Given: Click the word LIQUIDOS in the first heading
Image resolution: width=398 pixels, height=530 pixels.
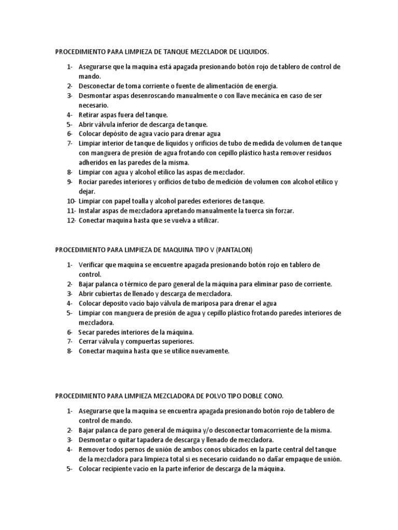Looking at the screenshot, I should pos(253,52).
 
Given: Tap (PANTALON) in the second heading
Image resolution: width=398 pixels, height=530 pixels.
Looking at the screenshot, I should pos(234,250).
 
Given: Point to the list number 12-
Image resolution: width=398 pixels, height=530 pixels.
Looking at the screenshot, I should pos(71,220).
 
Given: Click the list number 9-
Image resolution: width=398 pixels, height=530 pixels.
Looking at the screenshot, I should pos(69,182).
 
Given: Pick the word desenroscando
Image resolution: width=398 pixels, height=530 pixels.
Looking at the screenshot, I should pos(147,96).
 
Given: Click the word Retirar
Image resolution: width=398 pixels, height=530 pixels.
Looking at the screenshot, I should pos(89,115).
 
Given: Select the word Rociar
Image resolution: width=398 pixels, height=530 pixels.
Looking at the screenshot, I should pos(89,182).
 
